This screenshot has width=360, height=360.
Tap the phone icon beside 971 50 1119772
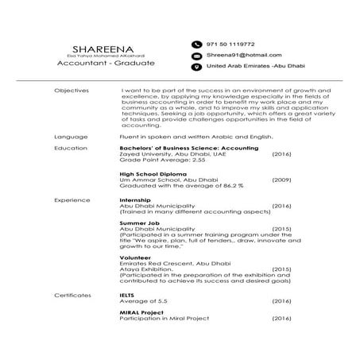(195, 44)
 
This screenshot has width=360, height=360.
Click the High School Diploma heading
(153, 174)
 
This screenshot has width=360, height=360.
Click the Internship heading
(134, 200)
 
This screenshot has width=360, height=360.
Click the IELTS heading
(127, 295)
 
